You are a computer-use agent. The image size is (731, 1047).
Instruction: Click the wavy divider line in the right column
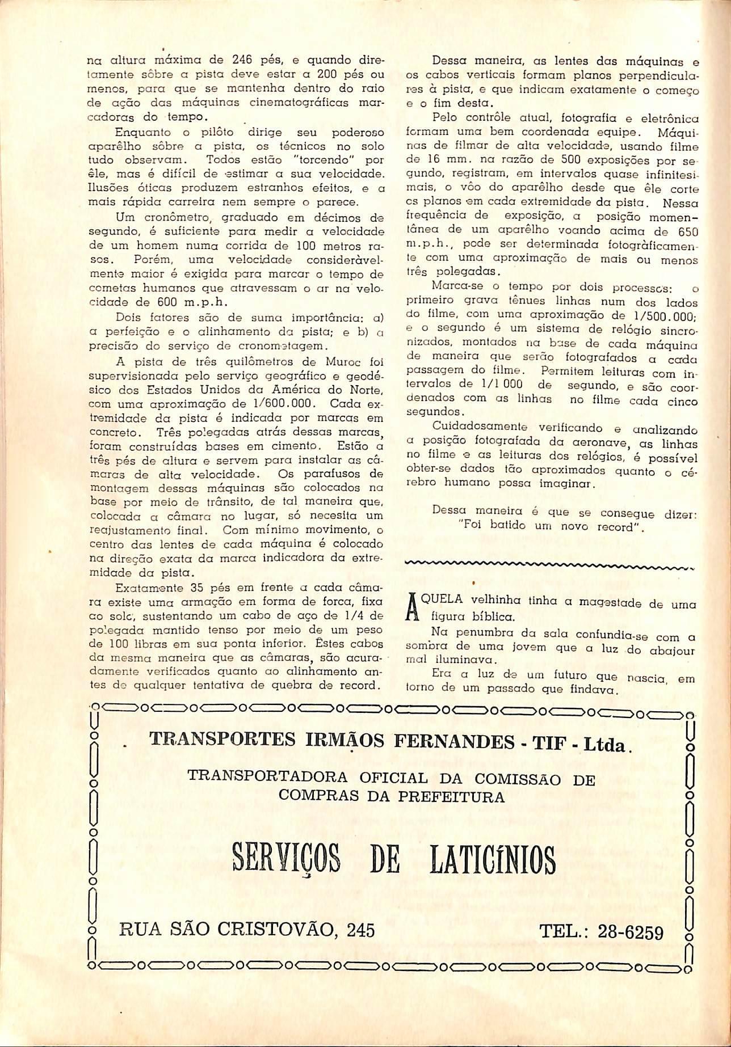coord(548,565)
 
